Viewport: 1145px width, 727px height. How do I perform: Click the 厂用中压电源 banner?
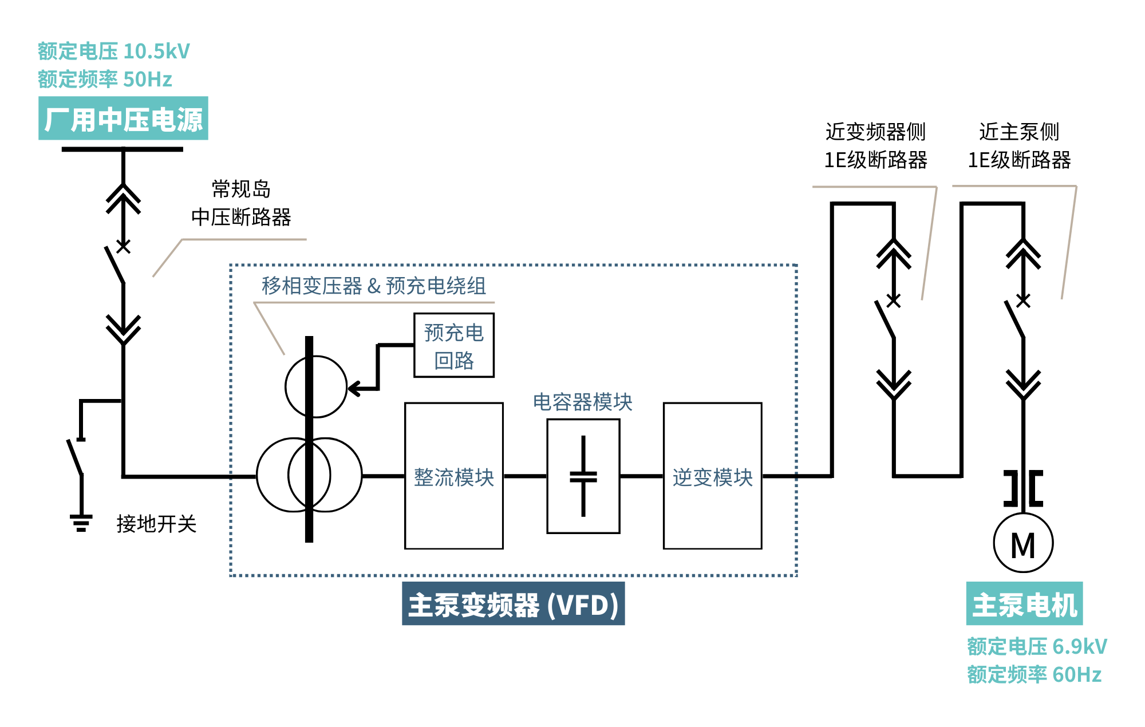[x=123, y=118]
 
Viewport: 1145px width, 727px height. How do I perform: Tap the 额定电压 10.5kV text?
[x=113, y=52]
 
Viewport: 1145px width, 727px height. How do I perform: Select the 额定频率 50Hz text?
[x=105, y=79]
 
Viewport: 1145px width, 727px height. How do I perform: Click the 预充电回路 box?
[x=453, y=345]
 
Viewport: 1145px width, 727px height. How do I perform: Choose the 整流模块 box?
[x=453, y=476]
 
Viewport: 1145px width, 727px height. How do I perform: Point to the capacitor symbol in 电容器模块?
[x=583, y=476]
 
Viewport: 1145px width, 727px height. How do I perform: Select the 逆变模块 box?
[x=712, y=476]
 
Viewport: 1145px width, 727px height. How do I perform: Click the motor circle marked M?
[x=1022, y=543]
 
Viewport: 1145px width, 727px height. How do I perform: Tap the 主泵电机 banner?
[x=1024, y=604]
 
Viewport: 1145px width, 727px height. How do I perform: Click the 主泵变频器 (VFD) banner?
[x=513, y=604]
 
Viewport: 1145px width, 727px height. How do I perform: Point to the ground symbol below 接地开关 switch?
[x=81, y=523]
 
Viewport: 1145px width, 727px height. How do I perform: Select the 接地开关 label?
[x=156, y=524]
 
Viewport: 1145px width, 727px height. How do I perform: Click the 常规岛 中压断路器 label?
[x=241, y=203]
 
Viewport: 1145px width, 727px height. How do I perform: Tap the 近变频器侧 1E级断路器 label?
[x=875, y=146]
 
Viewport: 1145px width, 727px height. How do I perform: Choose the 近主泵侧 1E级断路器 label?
[x=1019, y=146]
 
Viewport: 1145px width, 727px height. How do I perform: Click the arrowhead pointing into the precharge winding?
[x=354, y=389]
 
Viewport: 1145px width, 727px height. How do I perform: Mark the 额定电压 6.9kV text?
[x=1037, y=647]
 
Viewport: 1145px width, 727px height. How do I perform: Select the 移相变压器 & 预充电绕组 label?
[x=374, y=286]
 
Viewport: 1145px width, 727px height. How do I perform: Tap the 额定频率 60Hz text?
[x=1034, y=675]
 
